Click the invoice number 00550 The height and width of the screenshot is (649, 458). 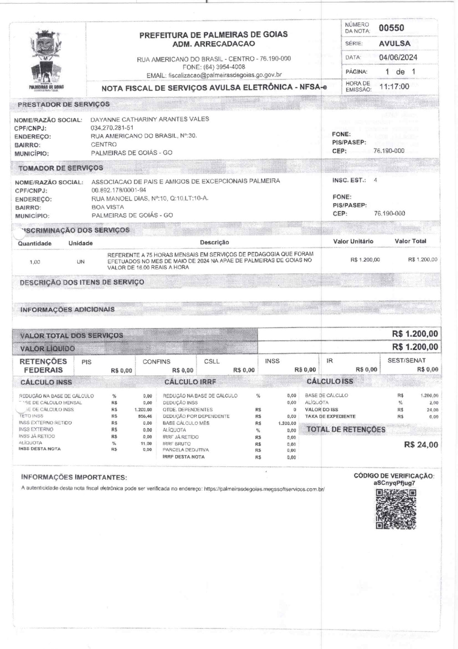tap(391, 28)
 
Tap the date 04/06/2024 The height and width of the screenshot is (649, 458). tap(398, 57)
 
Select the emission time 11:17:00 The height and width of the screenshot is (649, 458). tap(394, 87)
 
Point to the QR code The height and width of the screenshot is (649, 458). tap(396, 509)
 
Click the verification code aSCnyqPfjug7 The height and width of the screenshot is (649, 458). tap(394, 483)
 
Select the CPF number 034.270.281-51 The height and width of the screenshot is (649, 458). tap(112, 128)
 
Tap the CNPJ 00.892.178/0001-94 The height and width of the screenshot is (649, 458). tap(119, 190)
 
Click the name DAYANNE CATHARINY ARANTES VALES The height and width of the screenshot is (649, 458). tap(150, 119)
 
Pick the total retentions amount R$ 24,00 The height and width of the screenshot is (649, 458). tap(421, 445)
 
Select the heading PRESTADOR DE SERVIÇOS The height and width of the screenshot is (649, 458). tap(64, 104)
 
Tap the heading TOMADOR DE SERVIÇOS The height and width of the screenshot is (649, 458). tap(61, 168)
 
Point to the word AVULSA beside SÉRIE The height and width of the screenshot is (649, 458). tap(394, 43)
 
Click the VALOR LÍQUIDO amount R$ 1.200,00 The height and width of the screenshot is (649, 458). tap(415, 347)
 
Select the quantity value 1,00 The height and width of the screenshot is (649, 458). tap(35, 262)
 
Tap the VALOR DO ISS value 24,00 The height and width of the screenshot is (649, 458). tap(433, 410)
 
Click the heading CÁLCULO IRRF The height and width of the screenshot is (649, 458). tap(190, 382)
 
